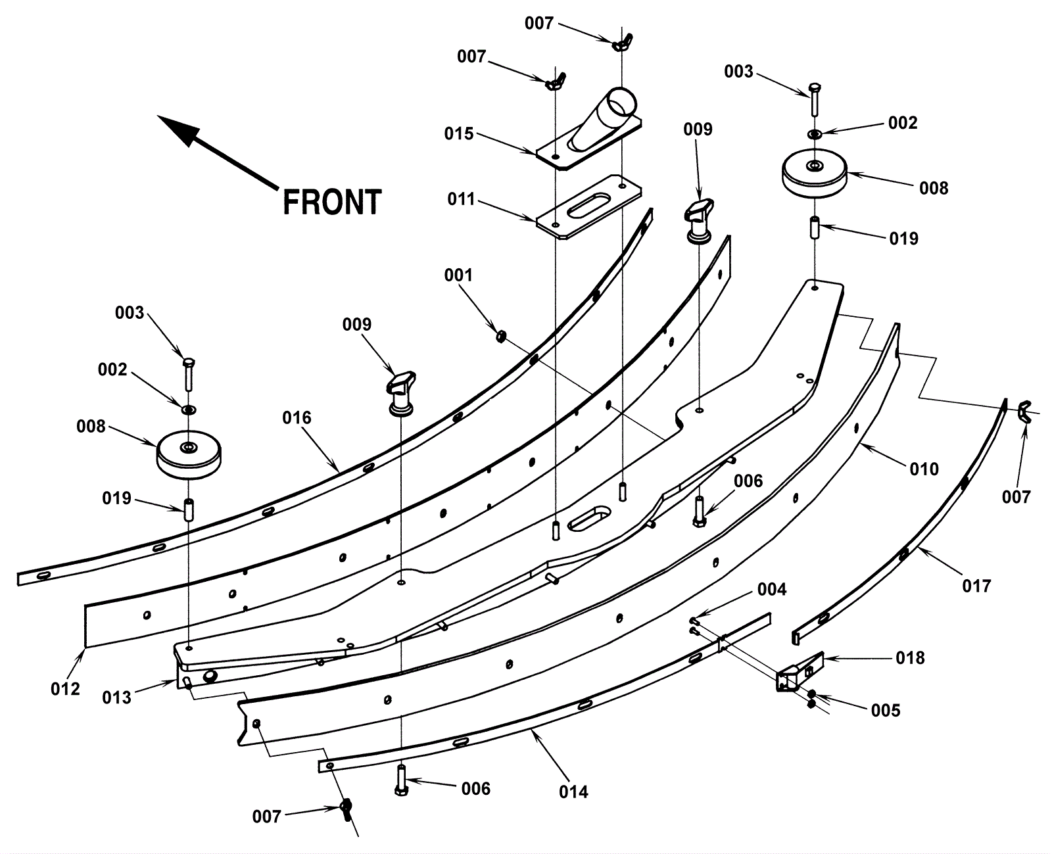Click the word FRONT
coord(332,202)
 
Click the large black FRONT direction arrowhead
coord(177,130)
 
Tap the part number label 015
coord(459,133)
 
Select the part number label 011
coord(461,199)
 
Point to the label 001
coord(458,275)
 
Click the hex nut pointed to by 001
coord(501,337)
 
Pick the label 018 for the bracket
coord(910,657)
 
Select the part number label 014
coord(573,792)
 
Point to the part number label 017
coord(976,586)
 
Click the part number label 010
coord(924,469)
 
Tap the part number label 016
coord(297,418)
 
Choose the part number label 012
coord(65,688)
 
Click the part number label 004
coord(772,589)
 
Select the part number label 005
coord(886,710)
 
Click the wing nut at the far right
coord(1024,412)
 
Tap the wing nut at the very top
coord(622,43)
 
